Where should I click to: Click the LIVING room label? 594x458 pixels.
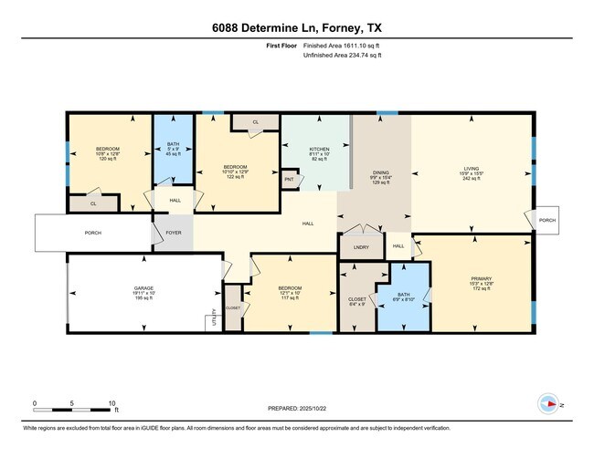point(470,170)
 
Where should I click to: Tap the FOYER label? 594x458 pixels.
point(173,233)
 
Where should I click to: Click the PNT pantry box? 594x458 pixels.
point(290,180)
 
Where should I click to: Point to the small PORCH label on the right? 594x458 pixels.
point(546,220)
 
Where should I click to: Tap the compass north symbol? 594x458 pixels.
point(550,403)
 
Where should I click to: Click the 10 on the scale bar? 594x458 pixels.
point(111,403)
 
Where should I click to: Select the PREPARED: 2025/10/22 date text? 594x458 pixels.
point(297,409)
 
